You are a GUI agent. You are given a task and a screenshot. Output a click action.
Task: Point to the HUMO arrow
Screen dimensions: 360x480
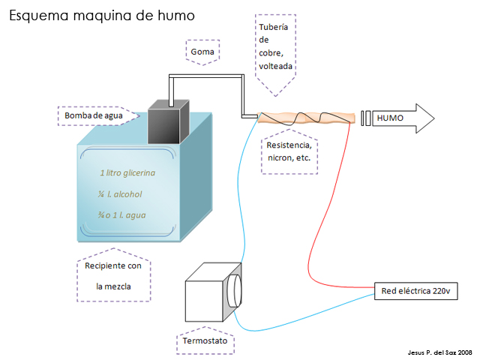(x=402, y=118)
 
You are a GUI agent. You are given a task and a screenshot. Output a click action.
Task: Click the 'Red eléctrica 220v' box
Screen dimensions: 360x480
(x=415, y=291)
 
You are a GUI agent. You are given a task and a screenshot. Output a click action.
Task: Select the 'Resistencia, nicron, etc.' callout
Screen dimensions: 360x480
(x=289, y=152)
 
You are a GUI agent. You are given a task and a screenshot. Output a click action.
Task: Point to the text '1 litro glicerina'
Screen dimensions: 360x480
(x=127, y=173)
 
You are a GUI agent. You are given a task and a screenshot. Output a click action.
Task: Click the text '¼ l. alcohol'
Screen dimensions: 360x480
(x=120, y=194)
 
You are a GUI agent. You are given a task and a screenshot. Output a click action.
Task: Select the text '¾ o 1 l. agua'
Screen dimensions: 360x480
(x=121, y=215)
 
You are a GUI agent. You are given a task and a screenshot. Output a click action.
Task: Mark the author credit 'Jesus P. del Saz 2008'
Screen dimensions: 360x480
(x=438, y=351)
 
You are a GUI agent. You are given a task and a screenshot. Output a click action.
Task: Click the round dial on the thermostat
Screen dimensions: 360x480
(x=235, y=289)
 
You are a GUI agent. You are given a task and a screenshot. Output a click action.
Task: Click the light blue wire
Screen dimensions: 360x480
(x=244, y=225)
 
